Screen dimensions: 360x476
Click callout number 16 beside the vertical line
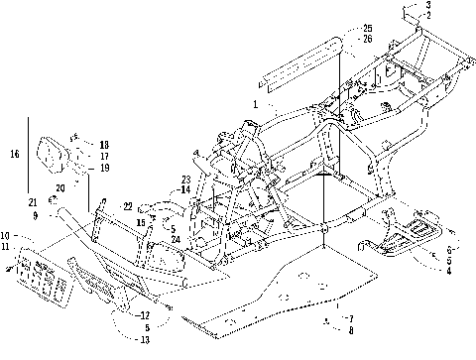point(14,154)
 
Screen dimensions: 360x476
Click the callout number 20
point(60,185)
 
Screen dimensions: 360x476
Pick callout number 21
point(34,202)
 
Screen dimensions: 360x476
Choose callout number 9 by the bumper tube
point(35,214)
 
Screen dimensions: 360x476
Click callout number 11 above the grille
point(6,246)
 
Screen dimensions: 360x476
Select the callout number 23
point(184,180)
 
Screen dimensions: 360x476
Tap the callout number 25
point(339,27)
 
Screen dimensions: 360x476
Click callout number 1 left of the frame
point(255,103)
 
